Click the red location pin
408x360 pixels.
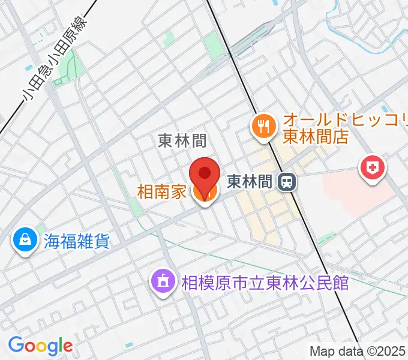coord(204,178)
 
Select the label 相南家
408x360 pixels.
coord(163,193)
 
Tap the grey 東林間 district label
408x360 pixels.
coord(182,141)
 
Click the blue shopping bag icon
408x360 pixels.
coord(25,241)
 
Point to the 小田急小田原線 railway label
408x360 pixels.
coord(55,58)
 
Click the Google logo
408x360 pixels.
coord(40,346)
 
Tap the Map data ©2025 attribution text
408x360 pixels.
coord(358,351)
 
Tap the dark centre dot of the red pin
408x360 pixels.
coord(204,173)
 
